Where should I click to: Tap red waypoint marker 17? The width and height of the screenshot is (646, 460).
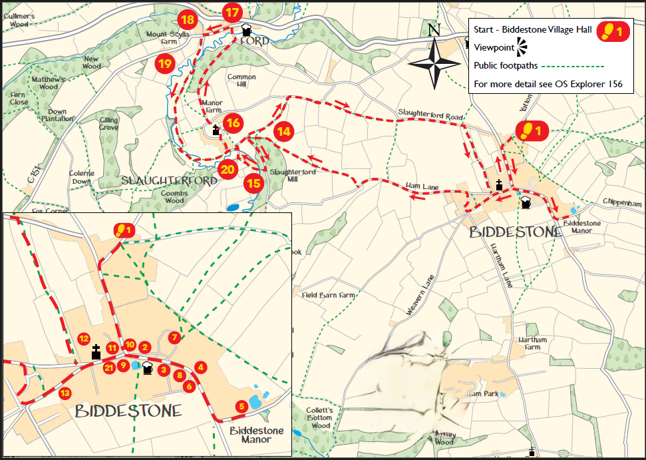coord(232,13)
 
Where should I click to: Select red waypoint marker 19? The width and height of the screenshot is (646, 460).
coord(164,64)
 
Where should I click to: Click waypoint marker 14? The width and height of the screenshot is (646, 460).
coord(284,131)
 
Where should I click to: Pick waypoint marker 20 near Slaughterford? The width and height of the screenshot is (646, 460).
coord(228,169)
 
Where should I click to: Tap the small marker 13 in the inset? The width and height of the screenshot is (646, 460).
coord(65,393)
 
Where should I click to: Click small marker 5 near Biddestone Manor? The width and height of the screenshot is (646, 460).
coord(242,406)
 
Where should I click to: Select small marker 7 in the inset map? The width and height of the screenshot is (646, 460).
coord(174,338)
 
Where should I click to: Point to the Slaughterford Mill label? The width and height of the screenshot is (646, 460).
coord(292,174)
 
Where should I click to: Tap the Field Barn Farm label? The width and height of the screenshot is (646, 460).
coord(329,295)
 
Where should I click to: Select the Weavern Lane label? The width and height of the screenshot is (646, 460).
coord(418,294)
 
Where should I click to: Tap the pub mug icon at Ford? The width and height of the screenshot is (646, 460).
coord(247,30)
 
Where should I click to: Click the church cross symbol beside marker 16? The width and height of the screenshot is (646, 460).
coord(216,130)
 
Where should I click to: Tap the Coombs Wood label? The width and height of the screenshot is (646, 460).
coord(174,196)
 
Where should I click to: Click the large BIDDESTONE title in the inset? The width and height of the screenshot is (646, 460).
coord(128,411)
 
